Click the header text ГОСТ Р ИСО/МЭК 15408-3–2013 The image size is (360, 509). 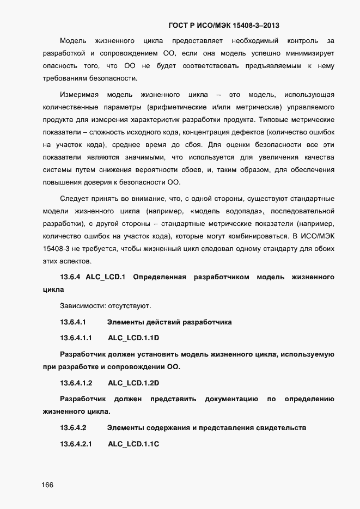(x=224, y=25)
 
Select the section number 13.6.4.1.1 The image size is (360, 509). (x=76, y=338)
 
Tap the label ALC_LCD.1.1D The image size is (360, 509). (x=133, y=338)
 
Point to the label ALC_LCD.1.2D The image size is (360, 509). (x=133, y=383)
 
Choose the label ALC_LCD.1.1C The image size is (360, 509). (x=133, y=444)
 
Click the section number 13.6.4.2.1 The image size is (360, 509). (x=76, y=444)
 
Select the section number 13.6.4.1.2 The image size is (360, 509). (x=76, y=383)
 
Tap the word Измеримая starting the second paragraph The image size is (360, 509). (x=80, y=95)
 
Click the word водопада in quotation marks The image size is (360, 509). (x=242, y=210)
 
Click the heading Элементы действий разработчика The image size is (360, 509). (x=169, y=322)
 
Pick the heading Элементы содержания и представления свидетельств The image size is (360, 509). (x=206, y=428)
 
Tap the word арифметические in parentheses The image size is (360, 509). (x=184, y=107)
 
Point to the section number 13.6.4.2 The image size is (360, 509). (x=73, y=428)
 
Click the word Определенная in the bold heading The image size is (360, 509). (x=160, y=278)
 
